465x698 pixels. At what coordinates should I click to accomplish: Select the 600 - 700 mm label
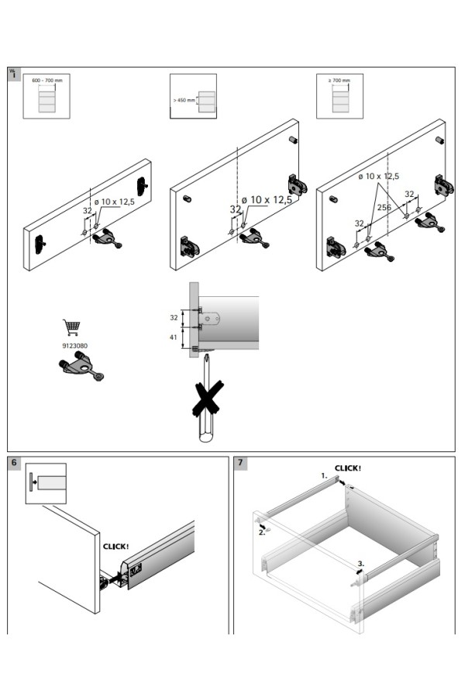(46, 80)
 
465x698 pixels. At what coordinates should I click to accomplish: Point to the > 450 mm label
(185, 100)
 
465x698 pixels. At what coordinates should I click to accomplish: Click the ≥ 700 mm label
(340, 80)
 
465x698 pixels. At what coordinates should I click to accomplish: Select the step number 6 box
(15, 464)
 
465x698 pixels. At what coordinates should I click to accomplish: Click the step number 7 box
(240, 464)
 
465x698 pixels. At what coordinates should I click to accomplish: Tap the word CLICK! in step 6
(116, 546)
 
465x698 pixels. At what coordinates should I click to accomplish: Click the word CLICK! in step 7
(348, 468)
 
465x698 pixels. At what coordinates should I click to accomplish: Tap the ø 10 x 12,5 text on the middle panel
(267, 200)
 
